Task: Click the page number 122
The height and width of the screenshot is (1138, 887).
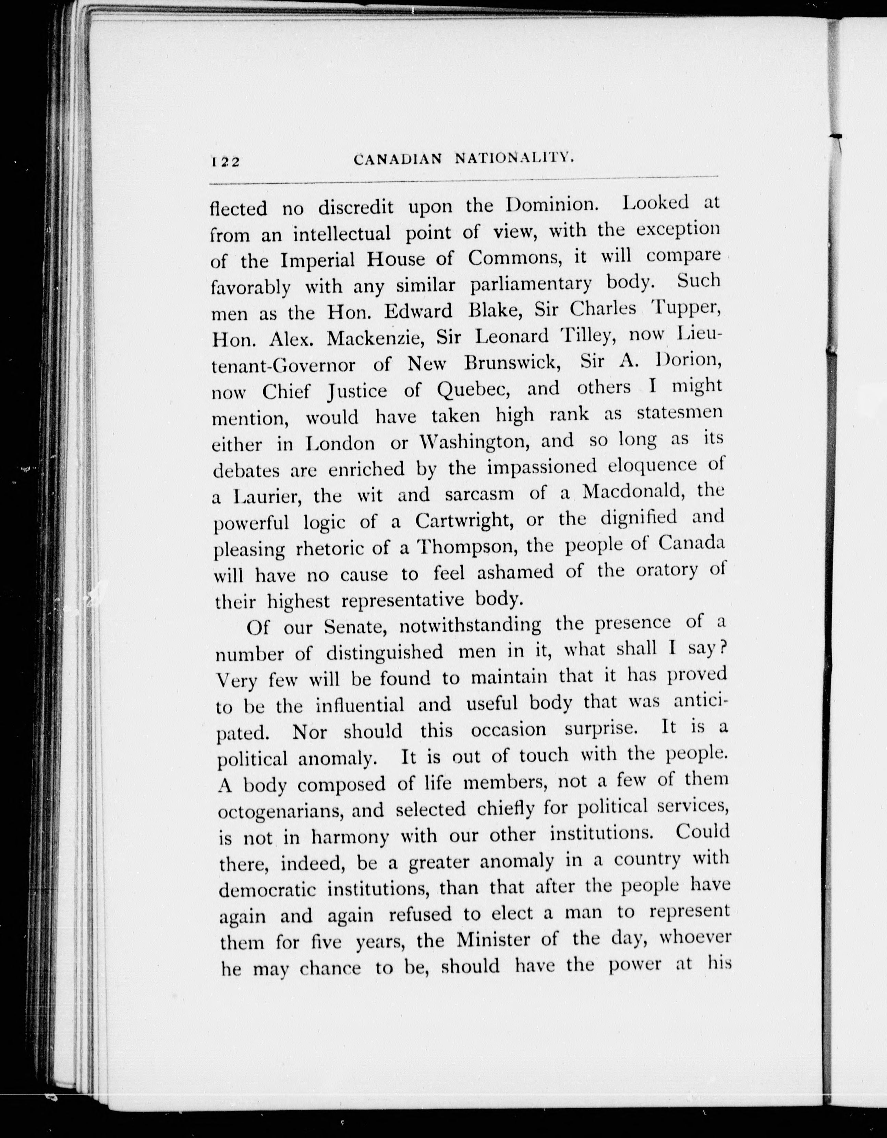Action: (225, 161)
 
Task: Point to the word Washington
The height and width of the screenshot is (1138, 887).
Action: (475, 442)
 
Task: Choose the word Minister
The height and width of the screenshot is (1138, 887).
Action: (502, 940)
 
